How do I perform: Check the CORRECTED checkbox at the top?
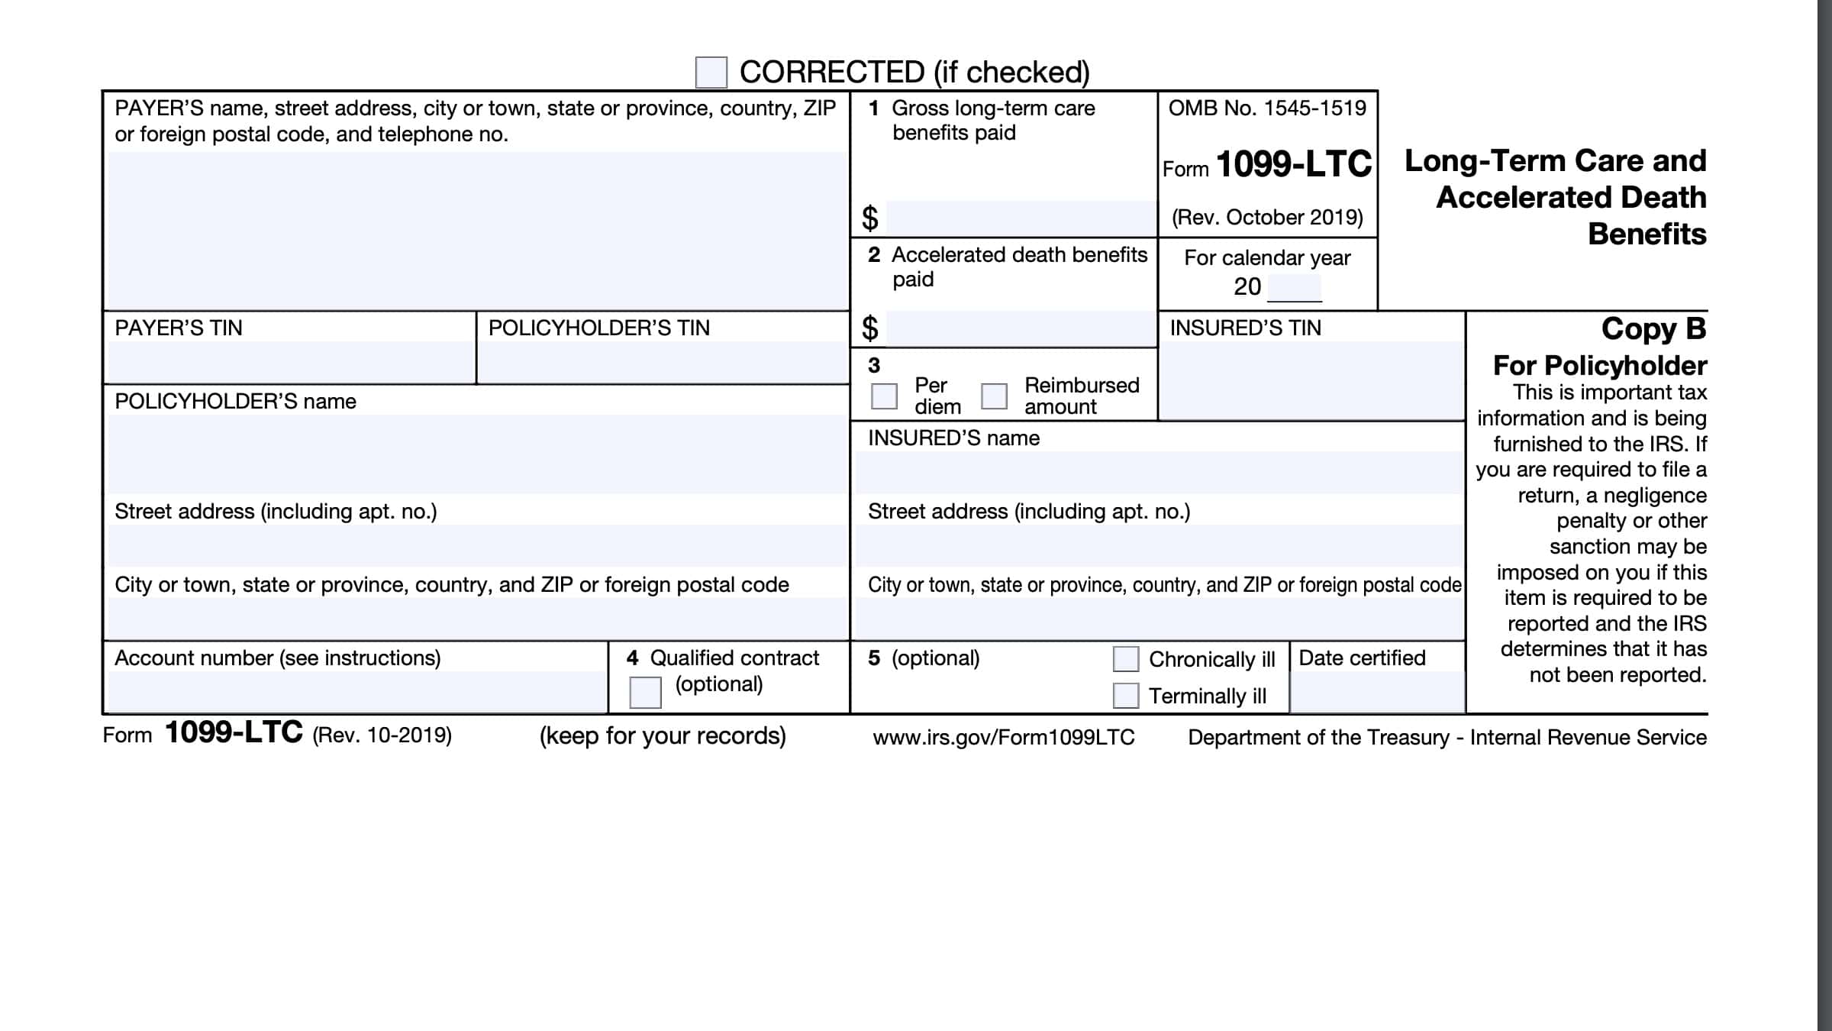click(711, 73)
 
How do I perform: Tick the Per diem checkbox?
click(884, 396)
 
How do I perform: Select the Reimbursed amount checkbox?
click(994, 396)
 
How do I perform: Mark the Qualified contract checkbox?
click(645, 692)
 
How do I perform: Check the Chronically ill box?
click(1125, 658)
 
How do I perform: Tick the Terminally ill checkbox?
click(1125, 695)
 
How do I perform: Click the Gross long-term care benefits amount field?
click(1021, 218)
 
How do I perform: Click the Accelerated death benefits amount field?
click(1021, 328)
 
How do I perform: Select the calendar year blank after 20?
click(1294, 287)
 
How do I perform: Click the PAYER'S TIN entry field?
click(290, 362)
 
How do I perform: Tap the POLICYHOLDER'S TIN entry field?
click(663, 362)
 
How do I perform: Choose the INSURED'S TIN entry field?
click(1311, 380)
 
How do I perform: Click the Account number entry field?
click(356, 691)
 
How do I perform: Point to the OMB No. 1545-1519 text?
click(1267, 108)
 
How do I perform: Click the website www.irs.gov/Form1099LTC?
click(1004, 737)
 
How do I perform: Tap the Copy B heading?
click(1653, 328)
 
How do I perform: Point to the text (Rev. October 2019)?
click(1267, 218)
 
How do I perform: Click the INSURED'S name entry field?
click(1158, 472)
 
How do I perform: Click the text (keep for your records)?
click(663, 735)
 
